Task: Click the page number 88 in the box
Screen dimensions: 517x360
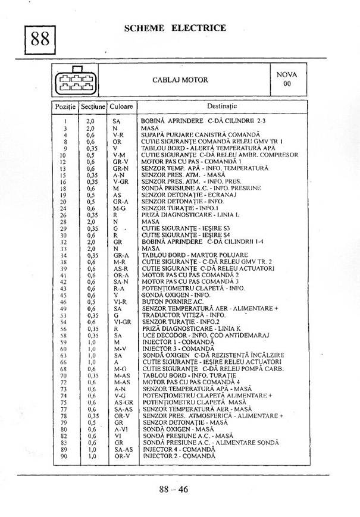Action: pyautogui.click(x=40, y=40)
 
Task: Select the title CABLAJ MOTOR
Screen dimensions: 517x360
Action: pyautogui.click(x=180, y=80)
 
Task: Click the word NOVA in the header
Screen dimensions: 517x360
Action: pyautogui.click(x=287, y=75)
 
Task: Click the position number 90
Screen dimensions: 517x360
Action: pyautogui.click(x=64, y=456)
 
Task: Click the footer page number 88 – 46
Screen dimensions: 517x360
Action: pyautogui.click(x=173, y=490)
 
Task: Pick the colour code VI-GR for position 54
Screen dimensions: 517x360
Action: pyautogui.click(x=121, y=322)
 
